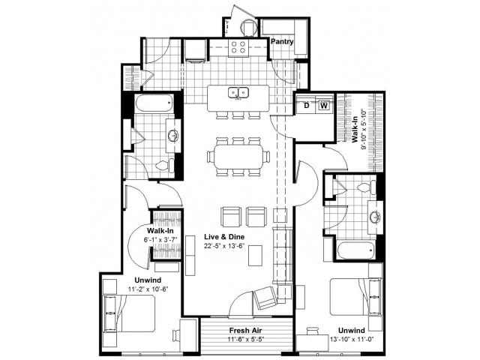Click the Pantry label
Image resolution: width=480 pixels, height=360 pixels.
(282, 42)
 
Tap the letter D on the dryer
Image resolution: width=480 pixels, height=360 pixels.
(306, 106)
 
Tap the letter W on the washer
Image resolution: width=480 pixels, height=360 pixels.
(323, 106)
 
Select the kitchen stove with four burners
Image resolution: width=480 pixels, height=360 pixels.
(238, 48)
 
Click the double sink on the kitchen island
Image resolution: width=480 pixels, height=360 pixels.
(238, 94)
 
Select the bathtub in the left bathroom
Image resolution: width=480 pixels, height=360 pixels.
(154, 103)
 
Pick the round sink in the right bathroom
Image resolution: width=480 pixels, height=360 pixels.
(373, 217)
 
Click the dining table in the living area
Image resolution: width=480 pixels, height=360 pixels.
(238, 157)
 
